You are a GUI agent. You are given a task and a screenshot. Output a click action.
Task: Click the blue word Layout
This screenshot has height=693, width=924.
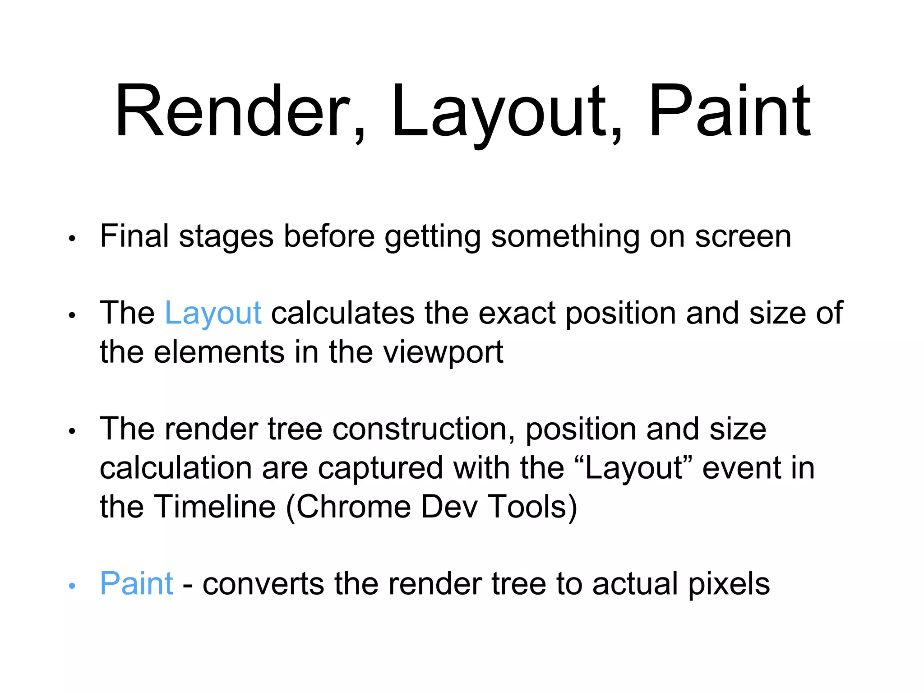point(213,313)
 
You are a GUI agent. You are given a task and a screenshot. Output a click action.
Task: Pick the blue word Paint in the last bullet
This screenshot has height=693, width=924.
point(136,584)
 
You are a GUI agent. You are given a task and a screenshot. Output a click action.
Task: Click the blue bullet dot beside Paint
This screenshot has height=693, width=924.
point(72,586)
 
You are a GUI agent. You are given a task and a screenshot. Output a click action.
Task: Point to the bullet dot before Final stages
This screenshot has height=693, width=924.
point(72,239)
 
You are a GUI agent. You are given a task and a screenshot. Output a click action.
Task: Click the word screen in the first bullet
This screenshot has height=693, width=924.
point(743,237)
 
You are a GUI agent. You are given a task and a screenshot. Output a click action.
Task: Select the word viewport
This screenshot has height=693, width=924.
point(443,353)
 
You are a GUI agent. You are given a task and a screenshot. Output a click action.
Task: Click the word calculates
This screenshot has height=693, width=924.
point(342,313)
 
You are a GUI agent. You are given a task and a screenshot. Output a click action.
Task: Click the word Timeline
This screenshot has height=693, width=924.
point(215,507)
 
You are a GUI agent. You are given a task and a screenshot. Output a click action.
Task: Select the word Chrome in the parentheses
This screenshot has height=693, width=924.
point(353,507)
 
